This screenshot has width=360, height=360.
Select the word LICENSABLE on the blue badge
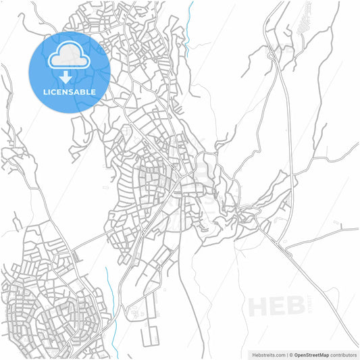(x=69, y=92)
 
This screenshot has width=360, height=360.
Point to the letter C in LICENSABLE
(x=54, y=92)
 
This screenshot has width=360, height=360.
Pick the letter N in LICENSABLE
(x=67, y=92)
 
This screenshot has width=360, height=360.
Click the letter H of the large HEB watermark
(x=261, y=306)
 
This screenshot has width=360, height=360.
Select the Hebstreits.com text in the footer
(x=268, y=354)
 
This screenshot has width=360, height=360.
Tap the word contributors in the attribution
(x=345, y=354)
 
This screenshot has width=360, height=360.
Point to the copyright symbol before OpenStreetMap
(x=292, y=354)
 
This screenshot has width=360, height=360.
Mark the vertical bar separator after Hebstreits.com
(x=286, y=354)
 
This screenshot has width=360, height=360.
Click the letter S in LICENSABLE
(x=74, y=92)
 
